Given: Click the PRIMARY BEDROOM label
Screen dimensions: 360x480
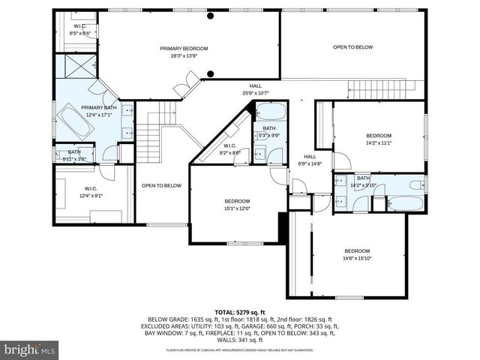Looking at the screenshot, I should pyautogui.click(x=184, y=49).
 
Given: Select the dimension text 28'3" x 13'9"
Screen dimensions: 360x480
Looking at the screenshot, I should pyautogui.click(x=184, y=55).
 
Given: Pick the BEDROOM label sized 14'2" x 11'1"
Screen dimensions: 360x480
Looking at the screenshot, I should pyautogui.click(x=379, y=136).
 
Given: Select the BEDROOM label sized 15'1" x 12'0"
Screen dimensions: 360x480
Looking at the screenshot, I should pyautogui.click(x=237, y=201).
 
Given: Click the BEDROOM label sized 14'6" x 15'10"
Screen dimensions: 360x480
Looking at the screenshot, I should pyautogui.click(x=357, y=250).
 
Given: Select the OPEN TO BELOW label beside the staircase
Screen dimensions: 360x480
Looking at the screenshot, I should pyautogui.click(x=161, y=185).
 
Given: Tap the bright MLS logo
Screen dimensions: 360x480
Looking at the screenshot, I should pyautogui.click(x=30, y=349).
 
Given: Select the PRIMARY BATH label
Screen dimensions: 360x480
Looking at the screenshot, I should pyautogui.click(x=99, y=107).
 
